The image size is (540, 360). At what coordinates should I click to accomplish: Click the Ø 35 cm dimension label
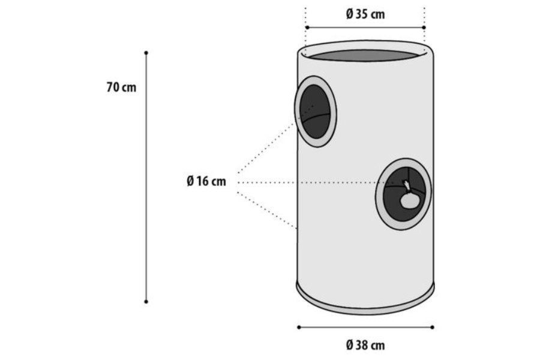[x=365, y=14]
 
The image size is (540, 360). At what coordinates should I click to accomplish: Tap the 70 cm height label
[x=121, y=87]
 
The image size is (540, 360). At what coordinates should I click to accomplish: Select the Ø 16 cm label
[x=206, y=181]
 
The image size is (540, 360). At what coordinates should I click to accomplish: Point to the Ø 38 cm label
[x=365, y=345]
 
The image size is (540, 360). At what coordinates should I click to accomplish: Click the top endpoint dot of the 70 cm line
[x=146, y=53]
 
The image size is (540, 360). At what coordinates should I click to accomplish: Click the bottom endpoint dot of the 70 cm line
[x=146, y=301]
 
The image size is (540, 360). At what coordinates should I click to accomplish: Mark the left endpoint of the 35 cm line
[x=307, y=28]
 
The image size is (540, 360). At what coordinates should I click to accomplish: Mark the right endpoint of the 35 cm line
[x=424, y=28]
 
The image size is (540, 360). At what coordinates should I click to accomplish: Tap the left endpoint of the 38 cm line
[x=299, y=327]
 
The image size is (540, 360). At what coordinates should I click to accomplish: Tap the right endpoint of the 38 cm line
[x=432, y=327]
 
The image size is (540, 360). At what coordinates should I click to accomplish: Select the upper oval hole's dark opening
[x=316, y=112]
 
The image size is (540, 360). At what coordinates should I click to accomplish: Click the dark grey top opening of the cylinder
[x=365, y=55]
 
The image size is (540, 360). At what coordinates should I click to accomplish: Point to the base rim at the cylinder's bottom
[x=365, y=310]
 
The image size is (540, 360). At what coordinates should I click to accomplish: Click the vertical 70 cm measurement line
[x=146, y=177]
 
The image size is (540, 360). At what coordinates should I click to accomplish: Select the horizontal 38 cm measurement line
[x=365, y=327]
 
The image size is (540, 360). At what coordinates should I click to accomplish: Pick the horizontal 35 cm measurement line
[x=365, y=28]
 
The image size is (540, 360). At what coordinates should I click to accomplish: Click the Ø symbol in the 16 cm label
[x=190, y=181]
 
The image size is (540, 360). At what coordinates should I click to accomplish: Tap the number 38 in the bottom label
[x=362, y=345]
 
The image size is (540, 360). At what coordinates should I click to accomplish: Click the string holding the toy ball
[x=407, y=187]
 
